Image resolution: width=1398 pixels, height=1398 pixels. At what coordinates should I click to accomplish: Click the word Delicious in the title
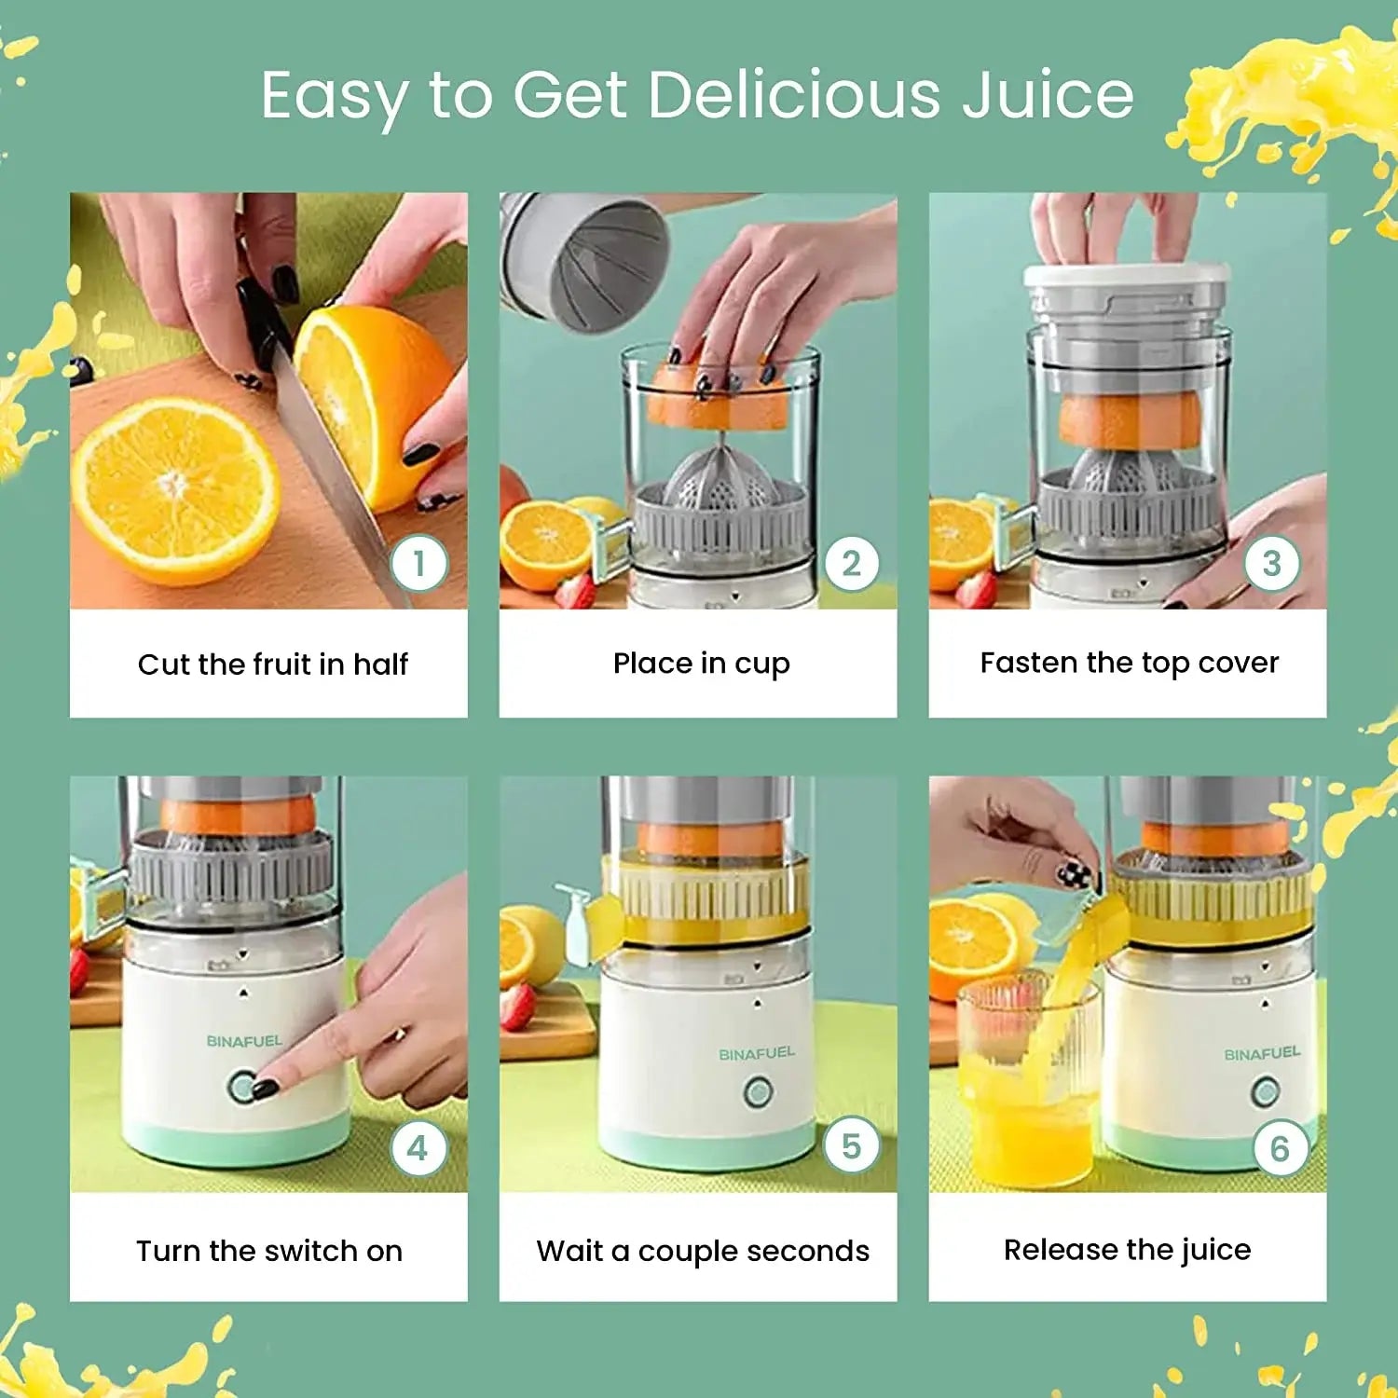tap(795, 95)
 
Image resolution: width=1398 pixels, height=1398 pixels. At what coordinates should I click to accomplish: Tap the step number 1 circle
tap(419, 564)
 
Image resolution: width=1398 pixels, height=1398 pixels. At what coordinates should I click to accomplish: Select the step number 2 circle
tap(851, 564)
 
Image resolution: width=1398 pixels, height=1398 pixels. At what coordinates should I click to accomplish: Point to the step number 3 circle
tap(1272, 564)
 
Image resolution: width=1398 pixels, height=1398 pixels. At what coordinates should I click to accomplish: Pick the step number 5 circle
tap(851, 1145)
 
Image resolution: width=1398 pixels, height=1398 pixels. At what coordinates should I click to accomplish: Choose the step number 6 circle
tap(1281, 1148)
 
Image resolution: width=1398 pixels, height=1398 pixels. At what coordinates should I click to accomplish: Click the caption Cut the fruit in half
tap(273, 664)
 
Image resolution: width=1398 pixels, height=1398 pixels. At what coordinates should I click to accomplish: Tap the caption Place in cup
tap(702, 664)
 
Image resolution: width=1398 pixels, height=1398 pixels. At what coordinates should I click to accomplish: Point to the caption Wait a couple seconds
tap(703, 1251)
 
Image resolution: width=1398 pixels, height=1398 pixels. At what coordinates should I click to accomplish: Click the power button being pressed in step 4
tap(243, 1087)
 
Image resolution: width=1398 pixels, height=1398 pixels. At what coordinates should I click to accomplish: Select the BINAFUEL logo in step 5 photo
tap(757, 1053)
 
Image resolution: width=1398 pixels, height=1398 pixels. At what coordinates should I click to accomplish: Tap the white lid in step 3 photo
tap(1126, 275)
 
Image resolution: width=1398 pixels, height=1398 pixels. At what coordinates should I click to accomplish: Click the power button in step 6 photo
tap(1265, 1090)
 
